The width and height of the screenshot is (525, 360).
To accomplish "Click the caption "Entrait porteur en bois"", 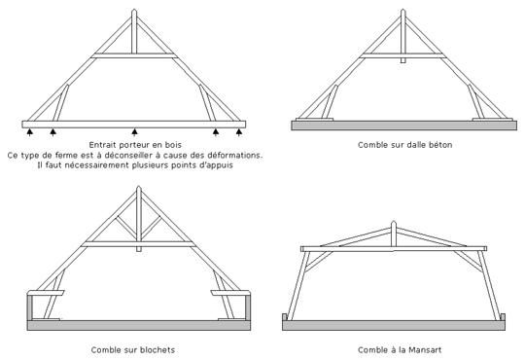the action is point(135,145).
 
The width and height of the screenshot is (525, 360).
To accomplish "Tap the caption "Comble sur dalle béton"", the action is point(404,145).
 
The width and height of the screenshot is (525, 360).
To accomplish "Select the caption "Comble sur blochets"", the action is point(133,350).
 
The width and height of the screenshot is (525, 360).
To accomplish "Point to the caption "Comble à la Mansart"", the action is point(400,350).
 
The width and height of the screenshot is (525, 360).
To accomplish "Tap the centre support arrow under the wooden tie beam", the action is point(134,132).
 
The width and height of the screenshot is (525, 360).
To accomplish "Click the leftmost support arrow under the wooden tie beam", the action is point(30,132).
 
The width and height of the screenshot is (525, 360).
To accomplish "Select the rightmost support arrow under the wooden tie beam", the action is point(239,132).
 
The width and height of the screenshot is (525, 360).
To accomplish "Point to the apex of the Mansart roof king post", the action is point(394,221).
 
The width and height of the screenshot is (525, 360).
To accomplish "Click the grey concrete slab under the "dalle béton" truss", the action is point(403,126).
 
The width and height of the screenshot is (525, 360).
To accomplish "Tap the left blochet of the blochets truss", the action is point(46,293).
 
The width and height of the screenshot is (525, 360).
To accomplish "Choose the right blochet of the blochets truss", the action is point(230,293).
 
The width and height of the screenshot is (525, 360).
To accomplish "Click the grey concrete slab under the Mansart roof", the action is point(394,325).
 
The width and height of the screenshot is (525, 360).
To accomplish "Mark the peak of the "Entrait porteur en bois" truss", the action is point(134,10).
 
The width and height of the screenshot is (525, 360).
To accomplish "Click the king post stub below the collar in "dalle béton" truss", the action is point(403,60).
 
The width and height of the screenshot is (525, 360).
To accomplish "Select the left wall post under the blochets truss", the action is point(30,307).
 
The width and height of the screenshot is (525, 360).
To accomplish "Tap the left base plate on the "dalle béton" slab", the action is point(314,119).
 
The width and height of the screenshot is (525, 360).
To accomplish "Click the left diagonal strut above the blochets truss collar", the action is point(126,228).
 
